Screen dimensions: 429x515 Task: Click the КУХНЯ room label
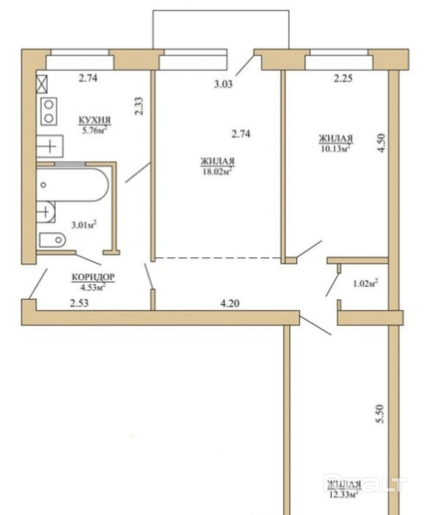[x=95, y=120]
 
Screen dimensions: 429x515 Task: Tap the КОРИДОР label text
[x=93, y=277]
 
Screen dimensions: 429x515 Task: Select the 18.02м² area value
[x=217, y=171]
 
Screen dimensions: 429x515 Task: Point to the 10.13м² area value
[x=336, y=149]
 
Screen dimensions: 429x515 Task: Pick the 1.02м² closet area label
[x=365, y=283]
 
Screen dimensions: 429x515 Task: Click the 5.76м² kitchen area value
[x=95, y=130]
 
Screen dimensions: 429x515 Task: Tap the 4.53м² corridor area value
[x=93, y=287]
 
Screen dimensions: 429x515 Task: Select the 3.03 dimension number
[x=223, y=84]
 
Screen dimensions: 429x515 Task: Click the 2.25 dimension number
[x=343, y=78]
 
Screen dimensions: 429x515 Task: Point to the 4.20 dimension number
[x=230, y=303]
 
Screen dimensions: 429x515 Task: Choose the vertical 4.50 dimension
[x=381, y=143]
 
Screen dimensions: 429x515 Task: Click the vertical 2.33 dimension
[x=138, y=106]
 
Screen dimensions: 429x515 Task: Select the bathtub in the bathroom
[x=72, y=185]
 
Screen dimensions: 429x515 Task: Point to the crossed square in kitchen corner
[x=42, y=84]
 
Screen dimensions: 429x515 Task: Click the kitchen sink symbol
[x=50, y=146]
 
